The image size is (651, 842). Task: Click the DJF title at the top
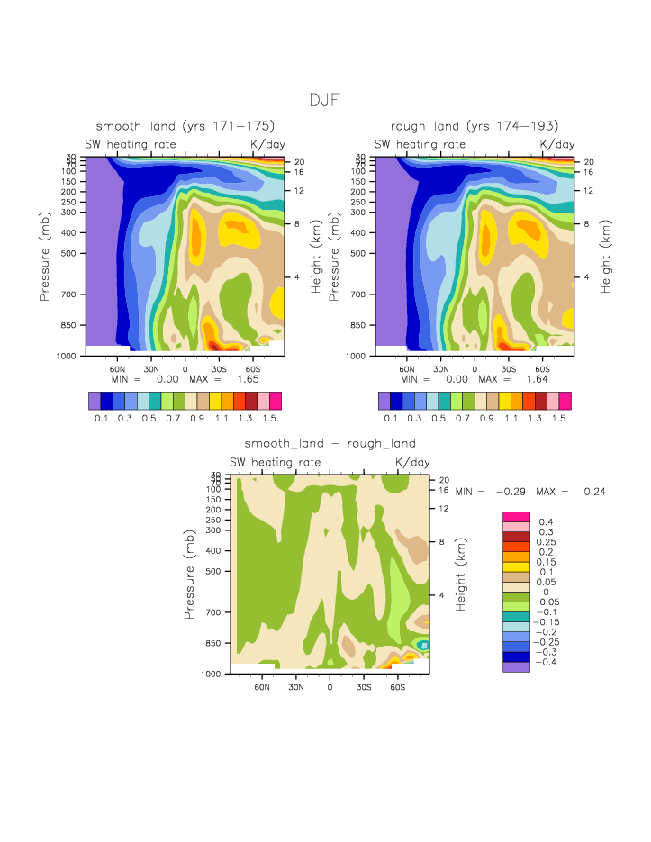tap(324, 100)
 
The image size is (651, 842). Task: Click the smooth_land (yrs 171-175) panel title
tap(185, 126)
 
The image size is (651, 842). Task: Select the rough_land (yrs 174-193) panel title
tap(475, 126)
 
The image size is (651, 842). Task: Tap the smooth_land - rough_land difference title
tap(330, 444)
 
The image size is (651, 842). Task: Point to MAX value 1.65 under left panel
tap(247, 380)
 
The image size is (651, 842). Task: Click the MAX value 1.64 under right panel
tap(537, 380)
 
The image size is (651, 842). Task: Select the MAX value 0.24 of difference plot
tap(593, 492)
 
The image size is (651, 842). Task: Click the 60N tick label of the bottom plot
tap(262, 687)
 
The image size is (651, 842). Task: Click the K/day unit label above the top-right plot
tap(556, 144)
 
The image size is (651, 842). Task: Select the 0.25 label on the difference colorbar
tap(546, 542)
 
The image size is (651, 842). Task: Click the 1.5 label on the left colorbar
tap(267, 419)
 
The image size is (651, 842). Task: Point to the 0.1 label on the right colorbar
tap(391, 419)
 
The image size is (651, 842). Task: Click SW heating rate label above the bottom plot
tap(274, 463)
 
